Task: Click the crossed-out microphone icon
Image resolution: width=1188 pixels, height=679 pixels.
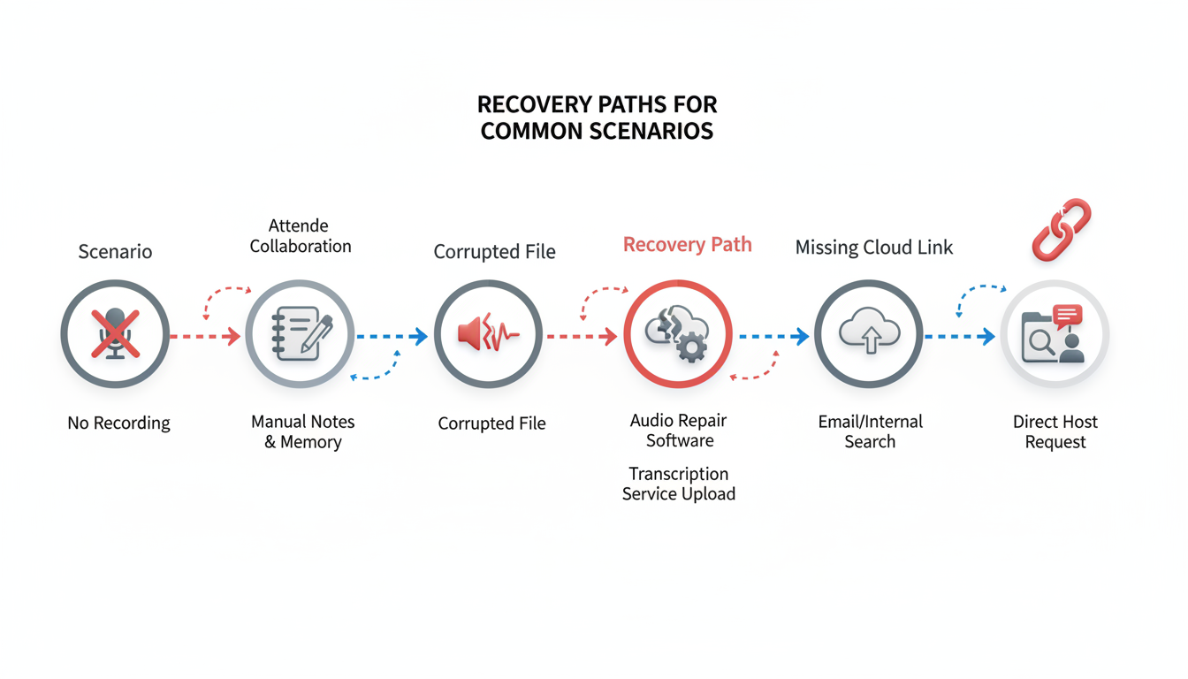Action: coord(115,334)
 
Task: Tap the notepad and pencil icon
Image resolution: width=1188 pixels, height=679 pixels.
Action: coord(301,334)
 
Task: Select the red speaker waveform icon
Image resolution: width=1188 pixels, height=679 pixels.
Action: coord(488,334)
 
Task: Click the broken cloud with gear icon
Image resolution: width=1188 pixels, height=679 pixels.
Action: coord(678,334)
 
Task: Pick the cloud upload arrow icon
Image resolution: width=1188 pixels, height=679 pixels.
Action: coord(869,334)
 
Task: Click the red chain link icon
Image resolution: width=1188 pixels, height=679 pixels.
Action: coord(1062,229)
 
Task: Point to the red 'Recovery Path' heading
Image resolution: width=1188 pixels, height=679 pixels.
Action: coord(687,245)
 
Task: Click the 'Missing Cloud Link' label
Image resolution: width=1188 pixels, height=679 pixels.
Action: coord(873,248)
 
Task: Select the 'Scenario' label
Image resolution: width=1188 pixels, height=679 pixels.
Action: coord(115,252)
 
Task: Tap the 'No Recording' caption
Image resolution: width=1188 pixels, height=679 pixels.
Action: coord(118,423)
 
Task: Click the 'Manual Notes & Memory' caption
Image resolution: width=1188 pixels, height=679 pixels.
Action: coord(302,431)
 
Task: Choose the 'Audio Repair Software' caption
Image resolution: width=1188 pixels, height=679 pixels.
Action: coord(679,431)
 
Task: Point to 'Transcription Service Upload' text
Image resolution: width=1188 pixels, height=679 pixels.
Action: coord(679,484)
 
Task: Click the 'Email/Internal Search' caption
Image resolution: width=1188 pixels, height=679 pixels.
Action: coord(870,431)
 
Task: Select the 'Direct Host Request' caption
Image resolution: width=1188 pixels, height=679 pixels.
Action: coord(1055,431)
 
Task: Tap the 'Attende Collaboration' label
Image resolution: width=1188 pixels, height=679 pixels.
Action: coord(300,236)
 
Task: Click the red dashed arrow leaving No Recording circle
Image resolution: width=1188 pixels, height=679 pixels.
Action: coord(205,337)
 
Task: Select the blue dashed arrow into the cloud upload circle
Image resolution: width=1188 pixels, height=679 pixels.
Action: coord(774,337)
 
